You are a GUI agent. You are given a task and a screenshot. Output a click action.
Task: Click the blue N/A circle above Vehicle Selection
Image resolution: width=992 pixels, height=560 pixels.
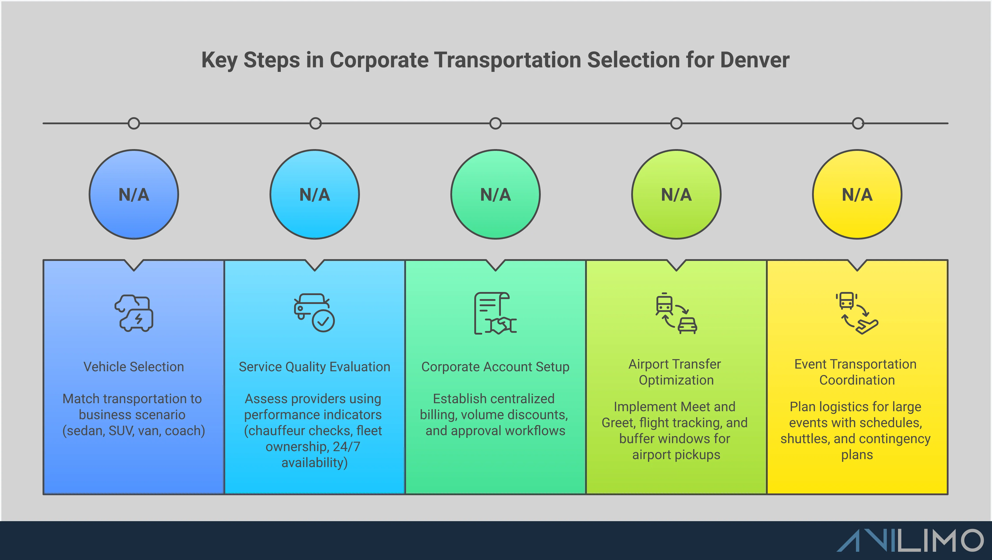tap(134, 195)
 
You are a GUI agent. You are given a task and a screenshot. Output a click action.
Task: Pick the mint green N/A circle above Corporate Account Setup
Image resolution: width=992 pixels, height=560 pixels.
tap(495, 195)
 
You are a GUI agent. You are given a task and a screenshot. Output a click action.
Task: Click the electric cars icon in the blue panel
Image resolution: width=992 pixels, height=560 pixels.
tap(134, 313)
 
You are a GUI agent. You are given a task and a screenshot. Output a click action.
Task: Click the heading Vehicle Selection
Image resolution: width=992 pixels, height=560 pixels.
tap(134, 367)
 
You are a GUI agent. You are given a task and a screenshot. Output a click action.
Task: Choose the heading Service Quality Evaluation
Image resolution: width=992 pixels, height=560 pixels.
tap(314, 367)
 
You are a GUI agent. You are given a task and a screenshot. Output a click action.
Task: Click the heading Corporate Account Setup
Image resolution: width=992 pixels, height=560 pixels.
tap(495, 367)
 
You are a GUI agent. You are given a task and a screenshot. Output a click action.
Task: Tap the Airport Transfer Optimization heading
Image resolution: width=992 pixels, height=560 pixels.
tap(676, 372)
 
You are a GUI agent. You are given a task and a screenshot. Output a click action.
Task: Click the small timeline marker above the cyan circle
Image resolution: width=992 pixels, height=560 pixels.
tap(315, 123)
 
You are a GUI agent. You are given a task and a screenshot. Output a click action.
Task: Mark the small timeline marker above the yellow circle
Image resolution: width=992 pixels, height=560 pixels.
tap(858, 123)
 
